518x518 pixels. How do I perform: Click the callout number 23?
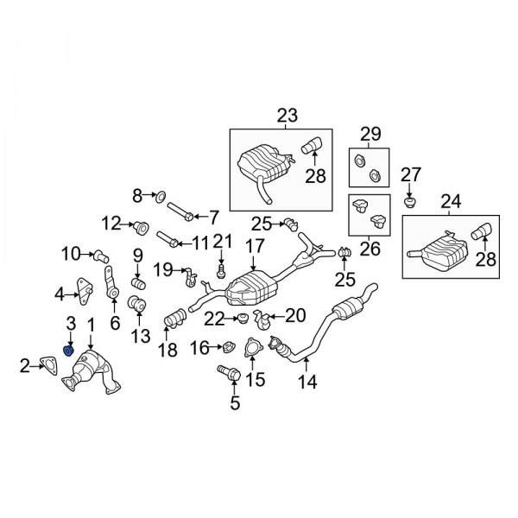[287, 115]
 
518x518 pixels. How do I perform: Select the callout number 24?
[451, 204]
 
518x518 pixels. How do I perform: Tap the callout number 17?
[253, 245]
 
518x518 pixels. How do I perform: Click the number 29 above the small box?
[370, 133]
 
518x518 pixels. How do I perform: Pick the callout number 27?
[411, 174]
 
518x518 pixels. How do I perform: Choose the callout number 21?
[223, 240]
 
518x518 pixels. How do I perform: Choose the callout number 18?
[167, 350]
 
